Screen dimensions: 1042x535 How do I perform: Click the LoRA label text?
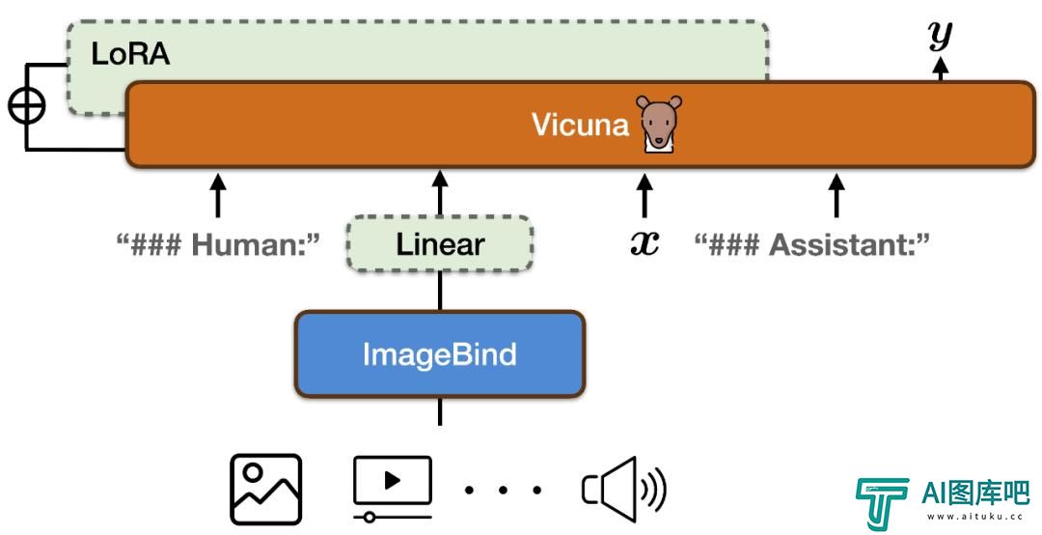tap(130, 54)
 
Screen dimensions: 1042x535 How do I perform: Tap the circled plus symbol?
tap(27, 106)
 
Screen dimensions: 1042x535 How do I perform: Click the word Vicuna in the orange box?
tap(580, 125)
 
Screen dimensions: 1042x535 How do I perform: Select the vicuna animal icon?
tap(659, 124)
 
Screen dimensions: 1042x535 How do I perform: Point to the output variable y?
tap(941, 36)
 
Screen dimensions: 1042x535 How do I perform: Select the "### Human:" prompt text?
tap(218, 245)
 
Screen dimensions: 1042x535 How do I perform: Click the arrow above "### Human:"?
tap(218, 194)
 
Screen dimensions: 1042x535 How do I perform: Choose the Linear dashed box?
tap(440, 244)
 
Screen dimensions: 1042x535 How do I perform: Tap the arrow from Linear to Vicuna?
tap(439, 193)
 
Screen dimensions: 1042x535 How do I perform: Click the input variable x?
tap(644, 243)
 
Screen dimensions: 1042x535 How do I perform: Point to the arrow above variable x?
tap(644, 194)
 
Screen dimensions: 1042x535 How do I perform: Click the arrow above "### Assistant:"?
tap(836, 194)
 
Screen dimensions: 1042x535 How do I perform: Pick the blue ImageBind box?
tap(440, 354)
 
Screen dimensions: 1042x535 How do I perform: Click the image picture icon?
tap(266, 489)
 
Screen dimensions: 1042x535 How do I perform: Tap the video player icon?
tap(393, 488)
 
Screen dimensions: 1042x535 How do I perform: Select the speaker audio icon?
tap(624, 489)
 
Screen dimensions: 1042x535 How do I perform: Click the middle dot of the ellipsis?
tap(503, 491)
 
